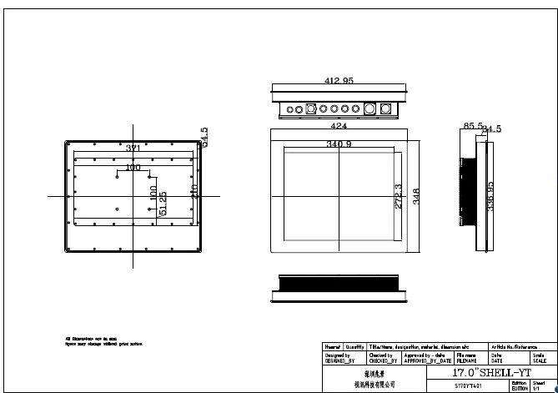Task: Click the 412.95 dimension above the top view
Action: tap(339, 81)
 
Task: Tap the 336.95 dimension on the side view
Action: tap(490, 197)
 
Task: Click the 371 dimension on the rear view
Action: tap(133, 149)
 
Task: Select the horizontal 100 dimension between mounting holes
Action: tap(133, 168)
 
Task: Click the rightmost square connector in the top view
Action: tap(385, 108)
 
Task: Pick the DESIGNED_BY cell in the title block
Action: tap(337, 357)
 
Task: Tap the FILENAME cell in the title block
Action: tap(466, 357)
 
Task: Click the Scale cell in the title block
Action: tap(540, 357)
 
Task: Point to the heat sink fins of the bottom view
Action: tap(339, 285)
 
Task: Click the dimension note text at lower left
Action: tap(93, 340)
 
